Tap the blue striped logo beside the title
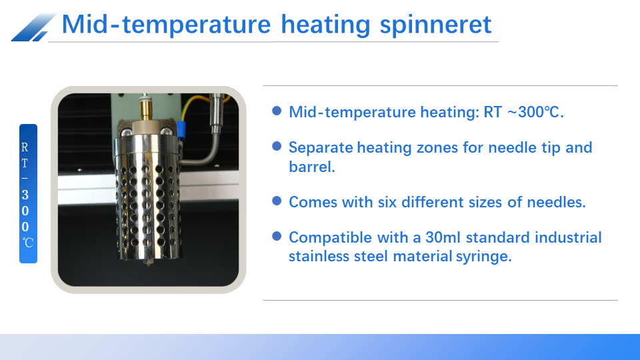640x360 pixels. [x=33, y=27]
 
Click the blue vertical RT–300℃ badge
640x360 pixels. [x=28, y=193]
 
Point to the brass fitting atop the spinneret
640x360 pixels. [x=143, y=106]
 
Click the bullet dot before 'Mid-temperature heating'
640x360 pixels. [x=277, y=111]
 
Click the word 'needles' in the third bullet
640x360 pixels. [x=559, y=202]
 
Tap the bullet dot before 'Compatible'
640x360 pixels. [x=277, y=236]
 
